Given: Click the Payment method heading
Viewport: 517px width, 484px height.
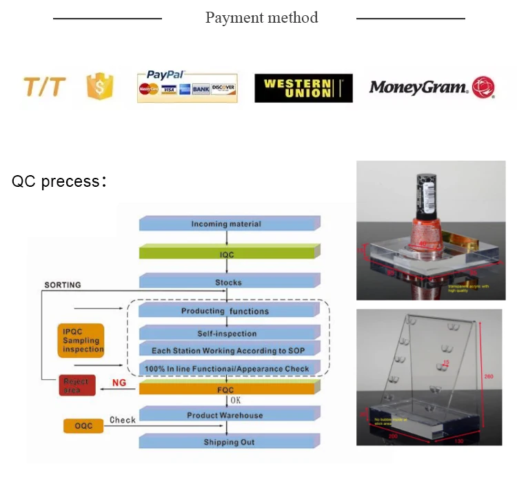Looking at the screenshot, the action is pyautogui.click(x=261, y=18).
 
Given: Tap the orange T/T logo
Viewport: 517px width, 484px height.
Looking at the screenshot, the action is pyautogui.click(x=45, y=88).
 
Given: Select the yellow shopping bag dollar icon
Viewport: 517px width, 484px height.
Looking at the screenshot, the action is pyautogui.click(x=99, y=88).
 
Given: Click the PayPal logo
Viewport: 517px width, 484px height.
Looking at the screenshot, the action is pyautogui.click(x=187, y=87).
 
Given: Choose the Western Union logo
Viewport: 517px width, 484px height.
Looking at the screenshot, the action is pyautogui.click(x=303, y=88).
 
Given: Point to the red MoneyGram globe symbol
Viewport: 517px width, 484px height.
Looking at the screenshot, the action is pyautogui.click(x=483, y=87).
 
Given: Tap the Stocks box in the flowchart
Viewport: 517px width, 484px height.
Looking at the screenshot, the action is pyautogui.click(x=227, y=282).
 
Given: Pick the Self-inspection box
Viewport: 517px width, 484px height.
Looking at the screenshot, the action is pyautogui.click(x=227, y=334).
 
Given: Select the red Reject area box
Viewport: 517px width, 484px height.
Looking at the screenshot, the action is pyautogui.click(x=77, y=385).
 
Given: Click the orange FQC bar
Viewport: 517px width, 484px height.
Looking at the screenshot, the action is pyautogui.click(x=227, y=390).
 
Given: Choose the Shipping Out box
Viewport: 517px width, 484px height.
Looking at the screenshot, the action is pyautogui.click(x=227, y=442).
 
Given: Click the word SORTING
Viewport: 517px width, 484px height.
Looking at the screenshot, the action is pyautogui.click(x=63, y=285).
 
